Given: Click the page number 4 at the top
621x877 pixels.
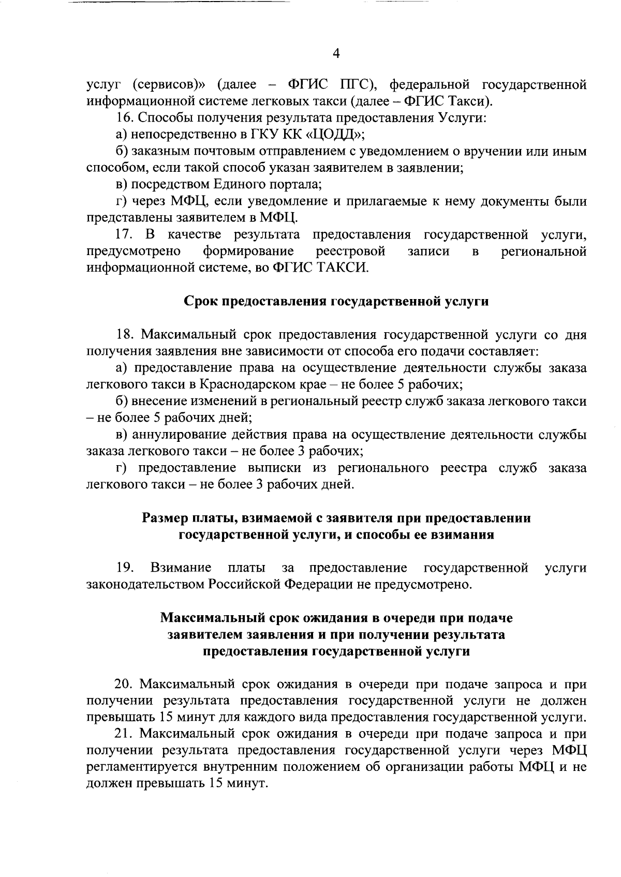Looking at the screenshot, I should pos(336,54).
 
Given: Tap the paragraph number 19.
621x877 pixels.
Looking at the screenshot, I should pos(124,568).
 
